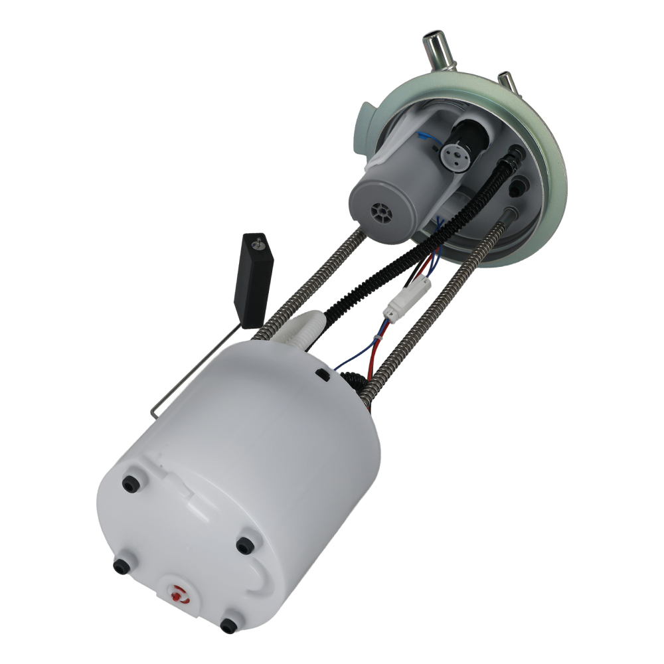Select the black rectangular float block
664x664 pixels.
click(x=256, y=279)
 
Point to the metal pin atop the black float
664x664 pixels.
click(x=258, y=245)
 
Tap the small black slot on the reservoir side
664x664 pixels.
click(x=325, y=375)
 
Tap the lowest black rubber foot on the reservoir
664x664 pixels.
click(x=228, y=625)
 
